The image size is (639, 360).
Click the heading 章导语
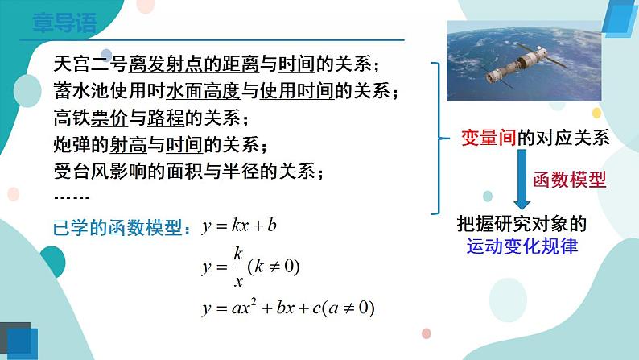pos(64,23)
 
